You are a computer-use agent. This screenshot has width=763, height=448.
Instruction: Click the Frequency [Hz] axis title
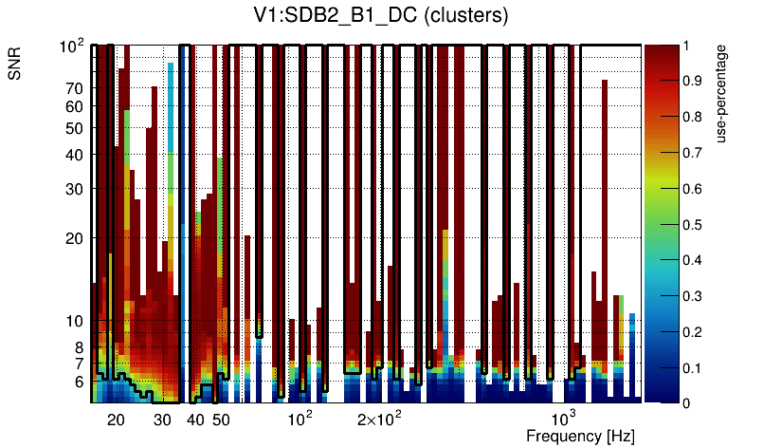[x=580, y=436]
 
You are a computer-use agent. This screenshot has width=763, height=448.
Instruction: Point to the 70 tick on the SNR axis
[x=75, y=89]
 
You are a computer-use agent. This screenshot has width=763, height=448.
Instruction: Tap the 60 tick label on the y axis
[x=75, y=107]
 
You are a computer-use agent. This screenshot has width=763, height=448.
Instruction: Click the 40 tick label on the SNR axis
[x=75, y=155]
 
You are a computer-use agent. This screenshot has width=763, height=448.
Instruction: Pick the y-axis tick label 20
[x=75, y=238]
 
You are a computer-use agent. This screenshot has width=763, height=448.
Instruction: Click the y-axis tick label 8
[x=79, y=347]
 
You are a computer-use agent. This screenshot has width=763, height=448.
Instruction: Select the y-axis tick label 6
[x=79, y=382]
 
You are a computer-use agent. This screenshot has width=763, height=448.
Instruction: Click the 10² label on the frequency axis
[x=300, y=419]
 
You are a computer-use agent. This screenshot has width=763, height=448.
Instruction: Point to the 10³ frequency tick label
[x=564, y=419]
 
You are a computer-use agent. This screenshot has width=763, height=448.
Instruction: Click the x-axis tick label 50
[x=220, y=420]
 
